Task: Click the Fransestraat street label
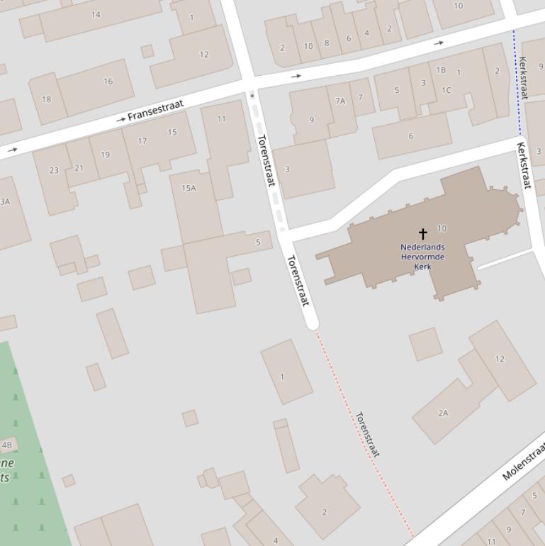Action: pos(155,111)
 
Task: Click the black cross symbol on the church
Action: pos(423,233)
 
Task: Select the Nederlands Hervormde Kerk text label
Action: pos(423,257)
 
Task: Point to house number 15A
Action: pos(189,188)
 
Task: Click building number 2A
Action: pos(443,413)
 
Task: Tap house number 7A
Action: pos(340,101)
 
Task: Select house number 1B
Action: pos(441,70)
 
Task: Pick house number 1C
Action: pos(446,90)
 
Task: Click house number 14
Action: pos(96,14)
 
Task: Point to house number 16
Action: pos(108,82)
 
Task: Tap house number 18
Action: pos(46,99)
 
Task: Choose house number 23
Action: pos(54,170)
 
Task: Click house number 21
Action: pos(78,168)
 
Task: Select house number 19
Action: pos(106,155)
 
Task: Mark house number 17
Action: pos(142,141)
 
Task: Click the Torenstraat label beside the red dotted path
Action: pos(367,435)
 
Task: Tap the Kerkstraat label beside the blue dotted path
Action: pos(523,73)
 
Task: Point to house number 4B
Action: pos(7,445)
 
